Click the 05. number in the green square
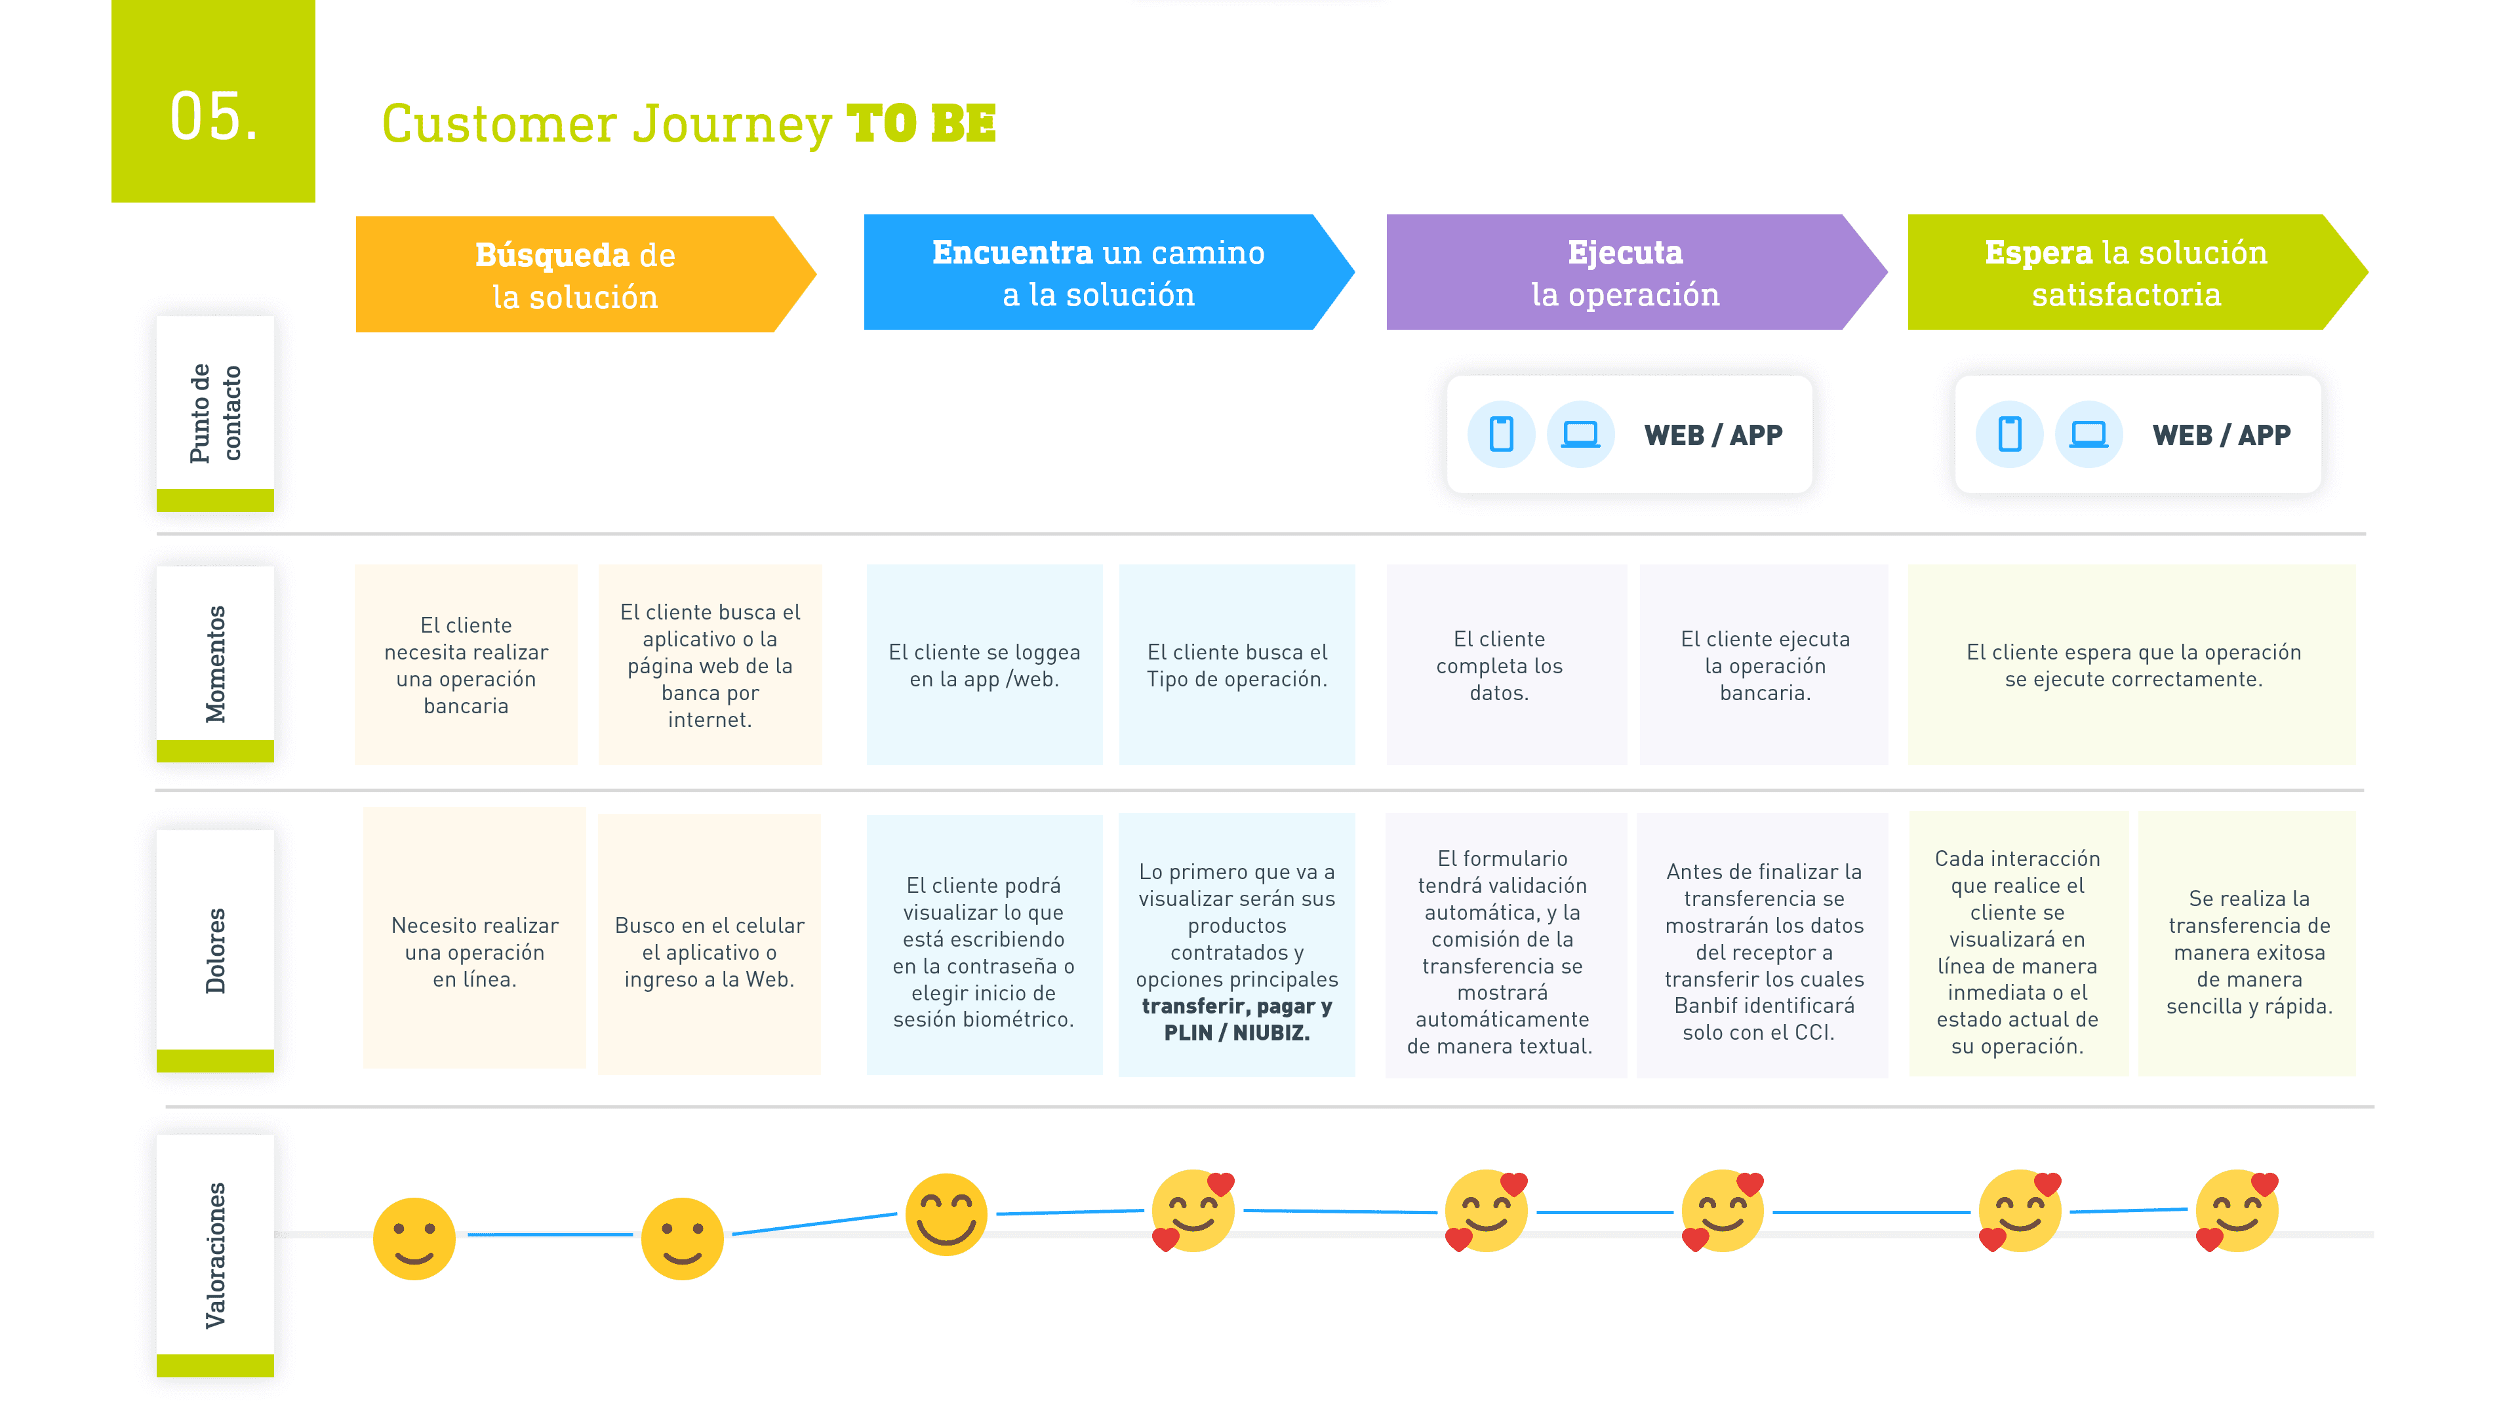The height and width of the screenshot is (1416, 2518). tap(214, 117)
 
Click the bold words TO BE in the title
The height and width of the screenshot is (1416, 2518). tap(921, 124)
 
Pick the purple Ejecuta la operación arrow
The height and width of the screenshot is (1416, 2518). tap(1625, 273)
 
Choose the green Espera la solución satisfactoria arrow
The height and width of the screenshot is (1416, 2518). tap(2125, 273)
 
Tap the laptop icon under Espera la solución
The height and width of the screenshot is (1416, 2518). tap(2088, 434)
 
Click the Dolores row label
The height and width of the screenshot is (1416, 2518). tap(215, 950)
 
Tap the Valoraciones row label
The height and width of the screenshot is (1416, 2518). tap(215, 1255)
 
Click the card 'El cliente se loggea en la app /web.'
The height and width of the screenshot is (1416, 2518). tap(984, 665)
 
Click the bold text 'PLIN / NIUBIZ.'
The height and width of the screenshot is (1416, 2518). tap(1237, 1033)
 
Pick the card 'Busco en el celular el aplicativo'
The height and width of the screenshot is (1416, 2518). tap(709, 951)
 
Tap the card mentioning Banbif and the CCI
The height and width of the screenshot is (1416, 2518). tap(1763, 951)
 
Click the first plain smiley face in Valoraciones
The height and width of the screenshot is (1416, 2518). tap(414, 1238)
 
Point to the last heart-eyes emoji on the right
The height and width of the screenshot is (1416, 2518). tap(2237, 1211)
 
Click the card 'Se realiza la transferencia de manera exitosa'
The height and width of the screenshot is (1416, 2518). tap(2248, 951)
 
